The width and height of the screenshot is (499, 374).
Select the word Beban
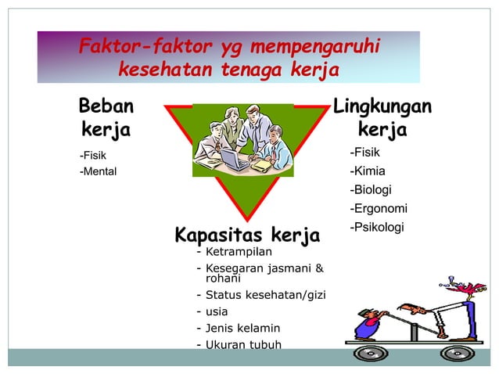pyautogui.click(x=106, y=106)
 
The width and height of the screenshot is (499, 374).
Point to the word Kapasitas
pyautogui.click(x=218, y=235)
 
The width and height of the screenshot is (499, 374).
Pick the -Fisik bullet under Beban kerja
pyautogui.click(x=93, y=155)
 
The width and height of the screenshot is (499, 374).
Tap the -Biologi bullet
pyautogui.click(x=371, y=190)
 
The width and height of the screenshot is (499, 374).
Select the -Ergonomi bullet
pyautogui.click(x=379, y=208)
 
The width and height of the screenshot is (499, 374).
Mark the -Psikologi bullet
pyautogui.click(x=376, y=227)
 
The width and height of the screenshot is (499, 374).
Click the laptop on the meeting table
pyautogui.click(x=232, y=160)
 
